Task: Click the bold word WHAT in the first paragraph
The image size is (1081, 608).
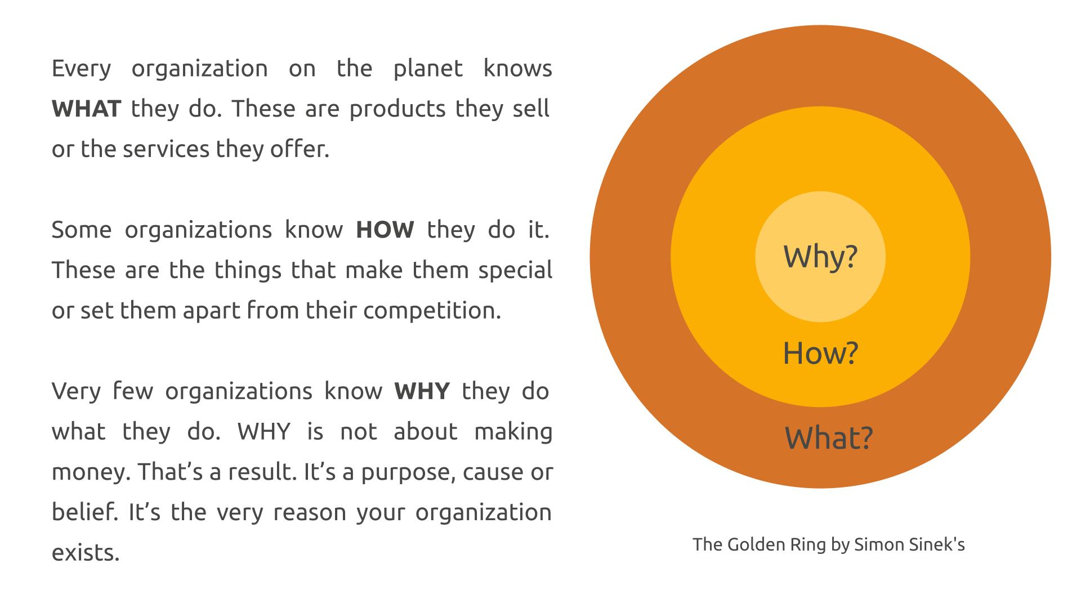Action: coord(86,109)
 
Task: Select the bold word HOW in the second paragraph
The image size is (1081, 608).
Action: coord(385,230)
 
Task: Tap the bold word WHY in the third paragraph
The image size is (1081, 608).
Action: coord(422,391)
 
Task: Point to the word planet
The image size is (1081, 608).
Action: coord(428,69)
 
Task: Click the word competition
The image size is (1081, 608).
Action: coord(432,311)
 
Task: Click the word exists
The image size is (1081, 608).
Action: coord(86,553)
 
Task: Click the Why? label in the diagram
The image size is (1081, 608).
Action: coord(820,257)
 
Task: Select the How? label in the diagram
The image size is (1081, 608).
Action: coord(820,353)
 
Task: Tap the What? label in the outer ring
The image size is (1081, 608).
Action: coord(829,438)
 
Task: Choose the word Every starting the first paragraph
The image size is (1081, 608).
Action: coord(82,69)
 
